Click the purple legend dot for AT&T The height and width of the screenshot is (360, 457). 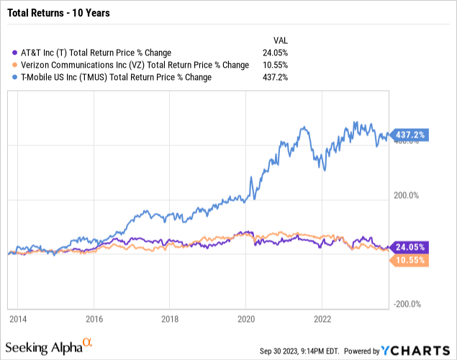pyautogui.click(x=16, y=53)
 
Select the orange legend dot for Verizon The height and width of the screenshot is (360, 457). pyautogui.click(x=16, y=65)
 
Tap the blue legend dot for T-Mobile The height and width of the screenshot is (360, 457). pyautogui.click(x=16, y=77)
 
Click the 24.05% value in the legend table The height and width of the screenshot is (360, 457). pyautogui.click(x=273, y=53)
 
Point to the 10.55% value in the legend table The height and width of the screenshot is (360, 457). pyautogui.click(x=273, y=65)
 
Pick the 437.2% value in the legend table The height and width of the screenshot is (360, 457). pyautogui.click(x=275, y=77)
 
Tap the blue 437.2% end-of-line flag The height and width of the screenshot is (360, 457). pyautogui.click(x=410, y=135)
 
